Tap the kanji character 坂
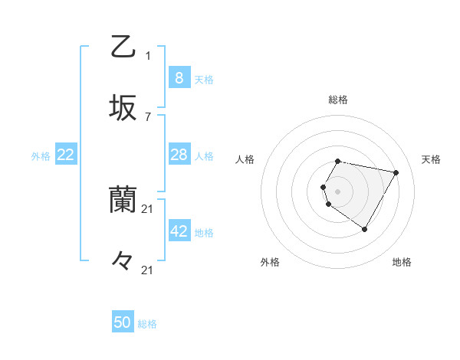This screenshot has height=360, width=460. (x=123, y=107)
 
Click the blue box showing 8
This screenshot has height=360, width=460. (x=179, y=77)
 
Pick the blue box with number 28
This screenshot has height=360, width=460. (x=179, y=155)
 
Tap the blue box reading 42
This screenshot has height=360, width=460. (x=179, y=231)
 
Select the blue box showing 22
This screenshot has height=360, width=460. (x=66, y=155)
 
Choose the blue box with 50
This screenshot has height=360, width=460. (x=123, y=322)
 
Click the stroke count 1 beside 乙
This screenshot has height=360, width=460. (x=148, y=55)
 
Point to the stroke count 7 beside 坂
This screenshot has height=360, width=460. (x=148, y=116)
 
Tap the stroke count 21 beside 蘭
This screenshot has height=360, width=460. (x=148, y=208)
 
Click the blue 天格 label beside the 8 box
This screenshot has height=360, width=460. (x=204, y=80)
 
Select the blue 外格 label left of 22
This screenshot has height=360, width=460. (x=41, y=156)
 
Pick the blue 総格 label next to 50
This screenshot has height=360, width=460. (x=147, y=325)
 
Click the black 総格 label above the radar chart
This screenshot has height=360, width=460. (x=338, y=100)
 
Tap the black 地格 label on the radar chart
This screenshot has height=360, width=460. (x=402, y=262)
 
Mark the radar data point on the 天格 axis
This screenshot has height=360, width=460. (x=396, y=172)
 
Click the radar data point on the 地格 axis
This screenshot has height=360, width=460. (x=365, y=229)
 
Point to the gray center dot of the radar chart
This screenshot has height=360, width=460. (x=338, y=191)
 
